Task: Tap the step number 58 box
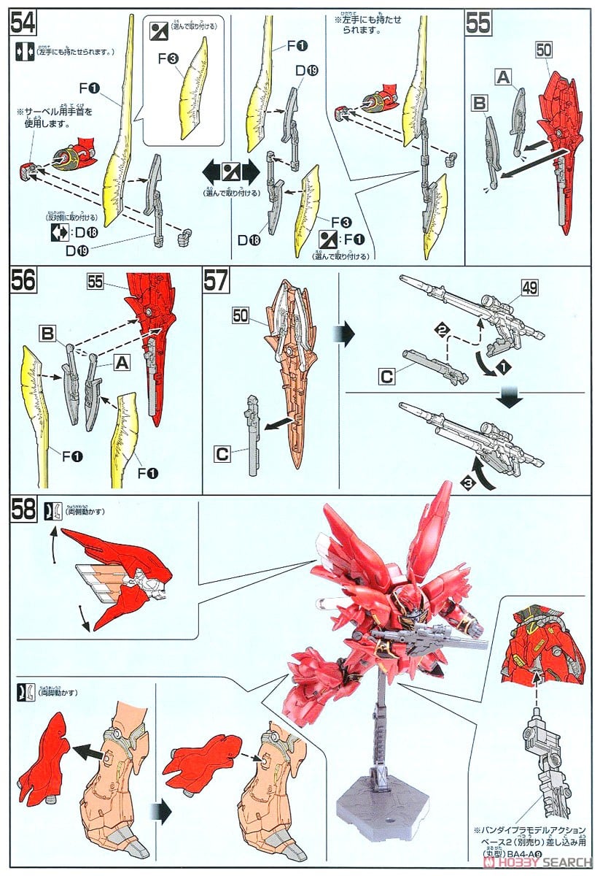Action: click(x=24, y=510)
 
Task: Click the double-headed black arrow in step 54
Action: click(x=230, y=174)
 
